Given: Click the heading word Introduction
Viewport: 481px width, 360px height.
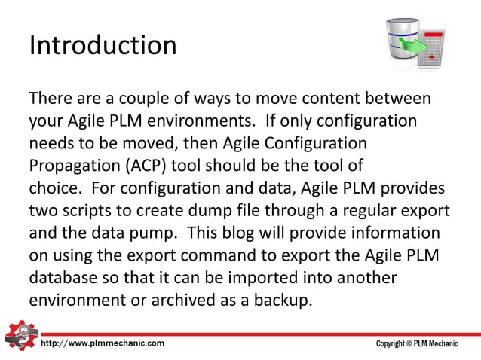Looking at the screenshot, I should point(103,45).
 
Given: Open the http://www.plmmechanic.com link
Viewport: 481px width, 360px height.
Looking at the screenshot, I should point(103,343).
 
